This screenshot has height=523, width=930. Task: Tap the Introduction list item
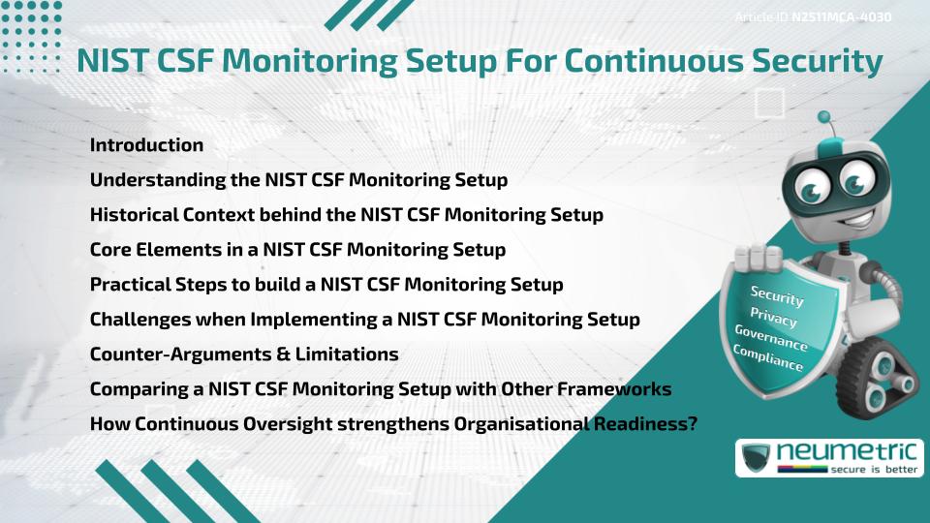point(146,145)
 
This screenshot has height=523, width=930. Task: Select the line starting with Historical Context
point(346,214)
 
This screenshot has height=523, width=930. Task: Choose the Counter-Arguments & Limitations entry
point(244,354)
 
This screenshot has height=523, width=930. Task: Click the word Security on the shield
point(777,296)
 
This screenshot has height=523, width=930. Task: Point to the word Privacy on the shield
point(773,319)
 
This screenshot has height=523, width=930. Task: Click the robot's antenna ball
point(824,118)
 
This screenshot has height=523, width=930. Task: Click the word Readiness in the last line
point(638,424)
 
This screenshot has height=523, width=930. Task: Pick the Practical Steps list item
point(326,285)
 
